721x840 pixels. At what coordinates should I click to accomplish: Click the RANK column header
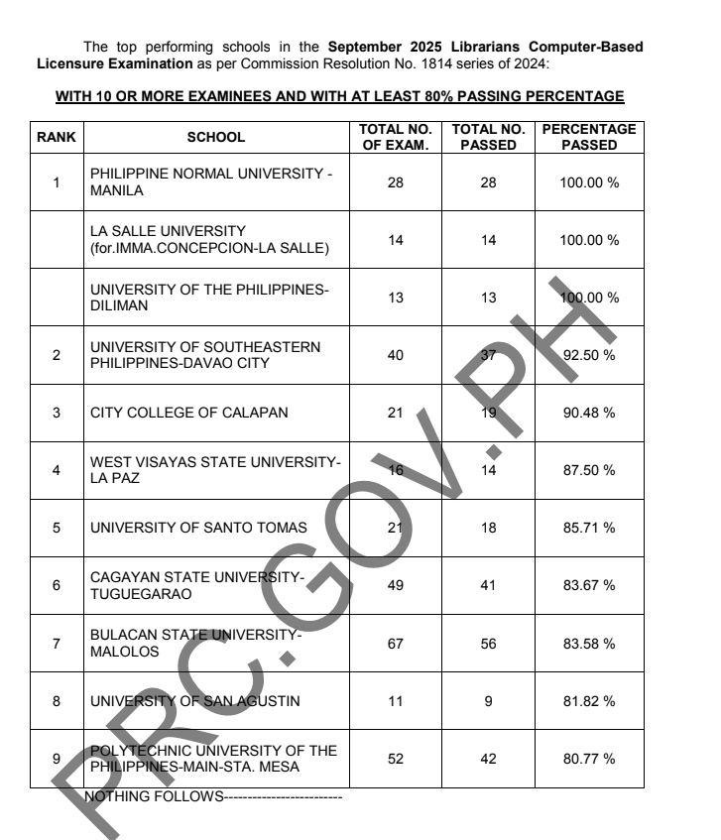pos(56,137)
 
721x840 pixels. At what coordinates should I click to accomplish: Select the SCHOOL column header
pos(216,137)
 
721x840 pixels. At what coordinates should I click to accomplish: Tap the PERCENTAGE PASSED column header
pos(589,137)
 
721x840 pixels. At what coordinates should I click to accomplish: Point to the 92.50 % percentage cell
pos(589,355)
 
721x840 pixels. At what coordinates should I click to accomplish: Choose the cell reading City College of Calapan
pos(188,413)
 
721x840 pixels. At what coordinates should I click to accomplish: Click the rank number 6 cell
pos(56,585)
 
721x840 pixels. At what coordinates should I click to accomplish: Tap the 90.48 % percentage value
pos(589,413)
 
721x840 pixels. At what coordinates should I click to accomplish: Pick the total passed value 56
pos(487,644)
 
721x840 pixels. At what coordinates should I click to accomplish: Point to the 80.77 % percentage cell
pos(589,759)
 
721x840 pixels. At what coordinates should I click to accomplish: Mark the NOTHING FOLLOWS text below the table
pos(213,796)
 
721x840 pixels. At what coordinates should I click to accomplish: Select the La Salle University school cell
pos(211,239)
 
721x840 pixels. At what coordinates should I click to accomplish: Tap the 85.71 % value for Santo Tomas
pos(589,528)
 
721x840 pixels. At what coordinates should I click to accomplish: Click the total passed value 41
pos(487,585)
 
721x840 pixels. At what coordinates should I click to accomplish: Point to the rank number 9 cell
pos(56,759)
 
